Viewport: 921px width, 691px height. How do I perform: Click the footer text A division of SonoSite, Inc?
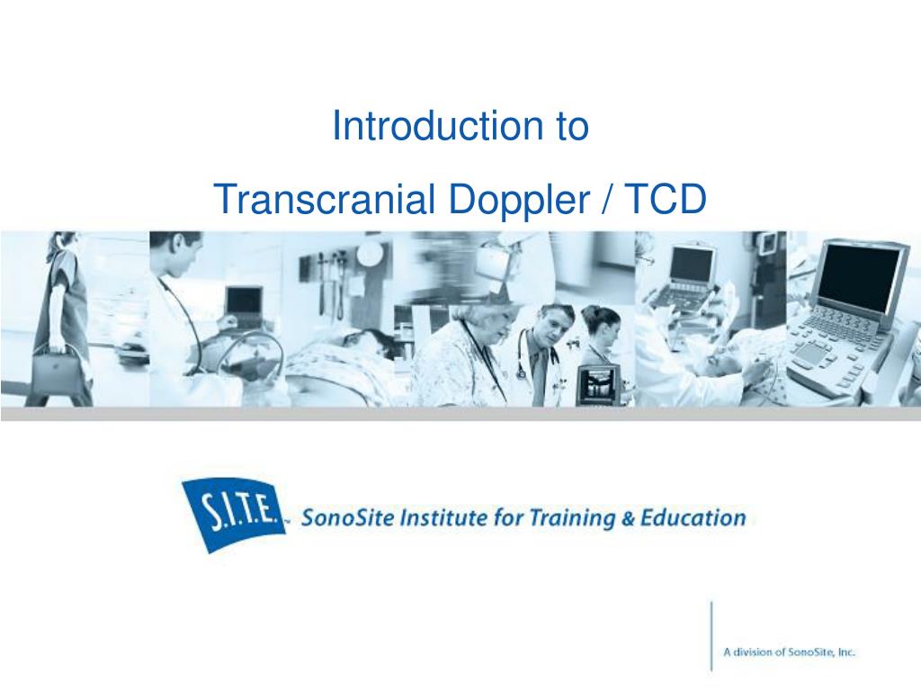789,652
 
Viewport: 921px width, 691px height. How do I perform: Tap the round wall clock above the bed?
369,255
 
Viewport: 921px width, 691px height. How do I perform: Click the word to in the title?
569,126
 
